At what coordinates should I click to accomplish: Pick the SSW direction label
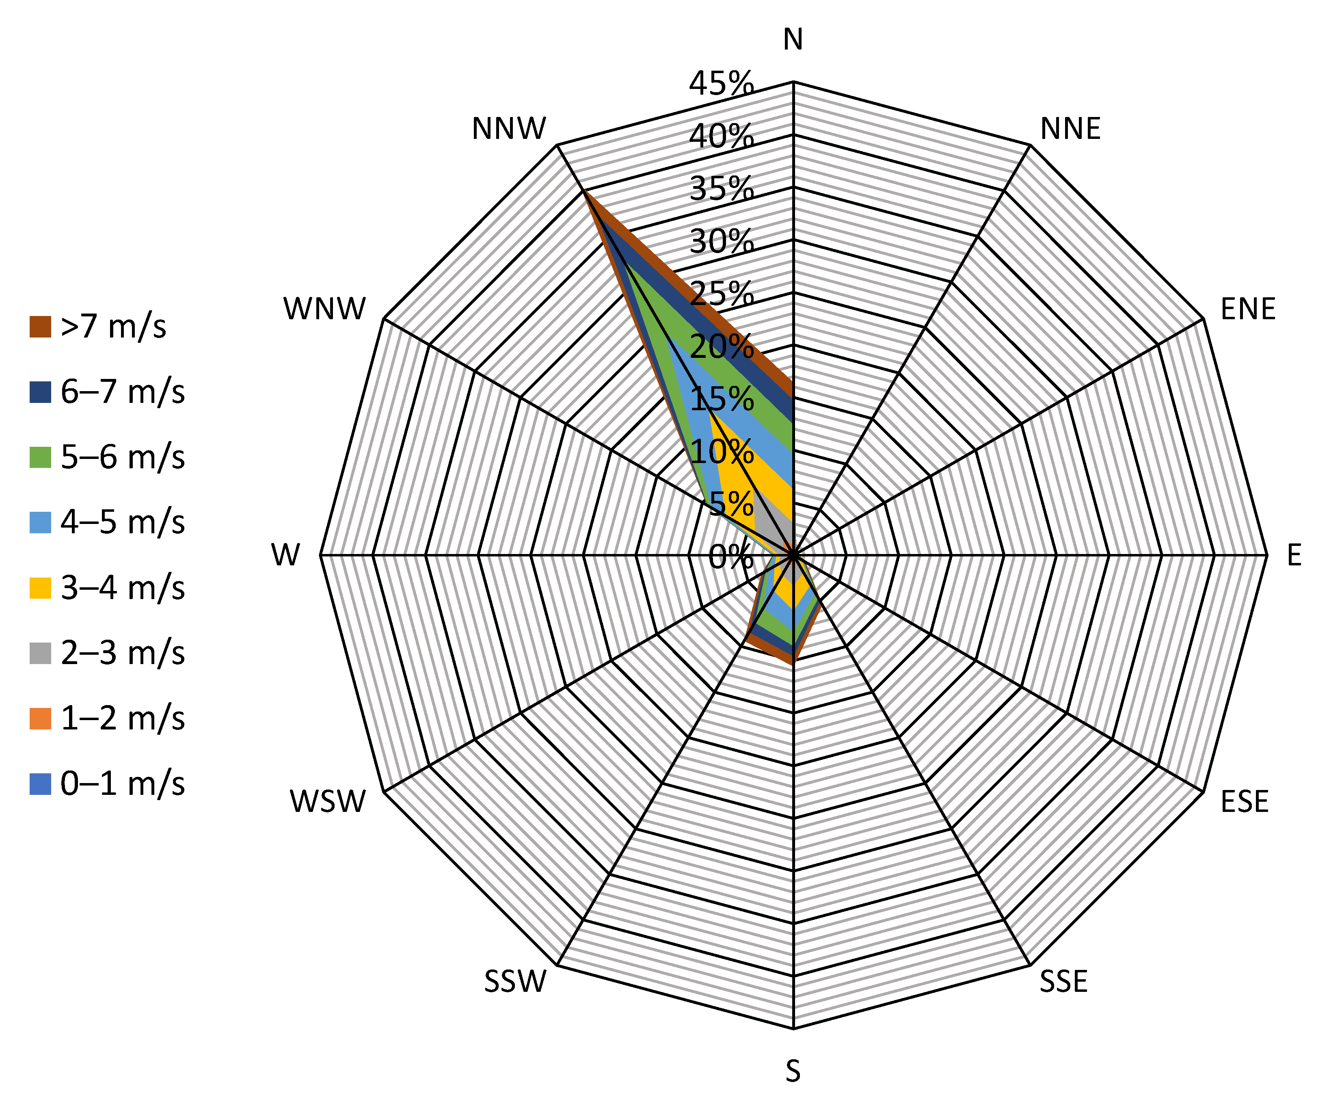515,981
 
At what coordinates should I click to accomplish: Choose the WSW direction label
328,802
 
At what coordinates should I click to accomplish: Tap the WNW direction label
325,309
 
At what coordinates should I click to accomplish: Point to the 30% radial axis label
722,241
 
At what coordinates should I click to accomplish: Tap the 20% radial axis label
722,346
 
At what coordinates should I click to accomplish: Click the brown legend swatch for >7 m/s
40,327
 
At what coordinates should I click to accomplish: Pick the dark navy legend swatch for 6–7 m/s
40,392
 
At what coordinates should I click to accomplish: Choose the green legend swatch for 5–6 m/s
40,457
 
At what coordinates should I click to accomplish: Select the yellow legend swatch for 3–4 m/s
40,588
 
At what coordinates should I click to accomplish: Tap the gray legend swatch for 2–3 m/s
40,653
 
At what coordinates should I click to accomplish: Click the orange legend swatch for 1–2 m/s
40,718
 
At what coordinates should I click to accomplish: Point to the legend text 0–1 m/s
123,784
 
